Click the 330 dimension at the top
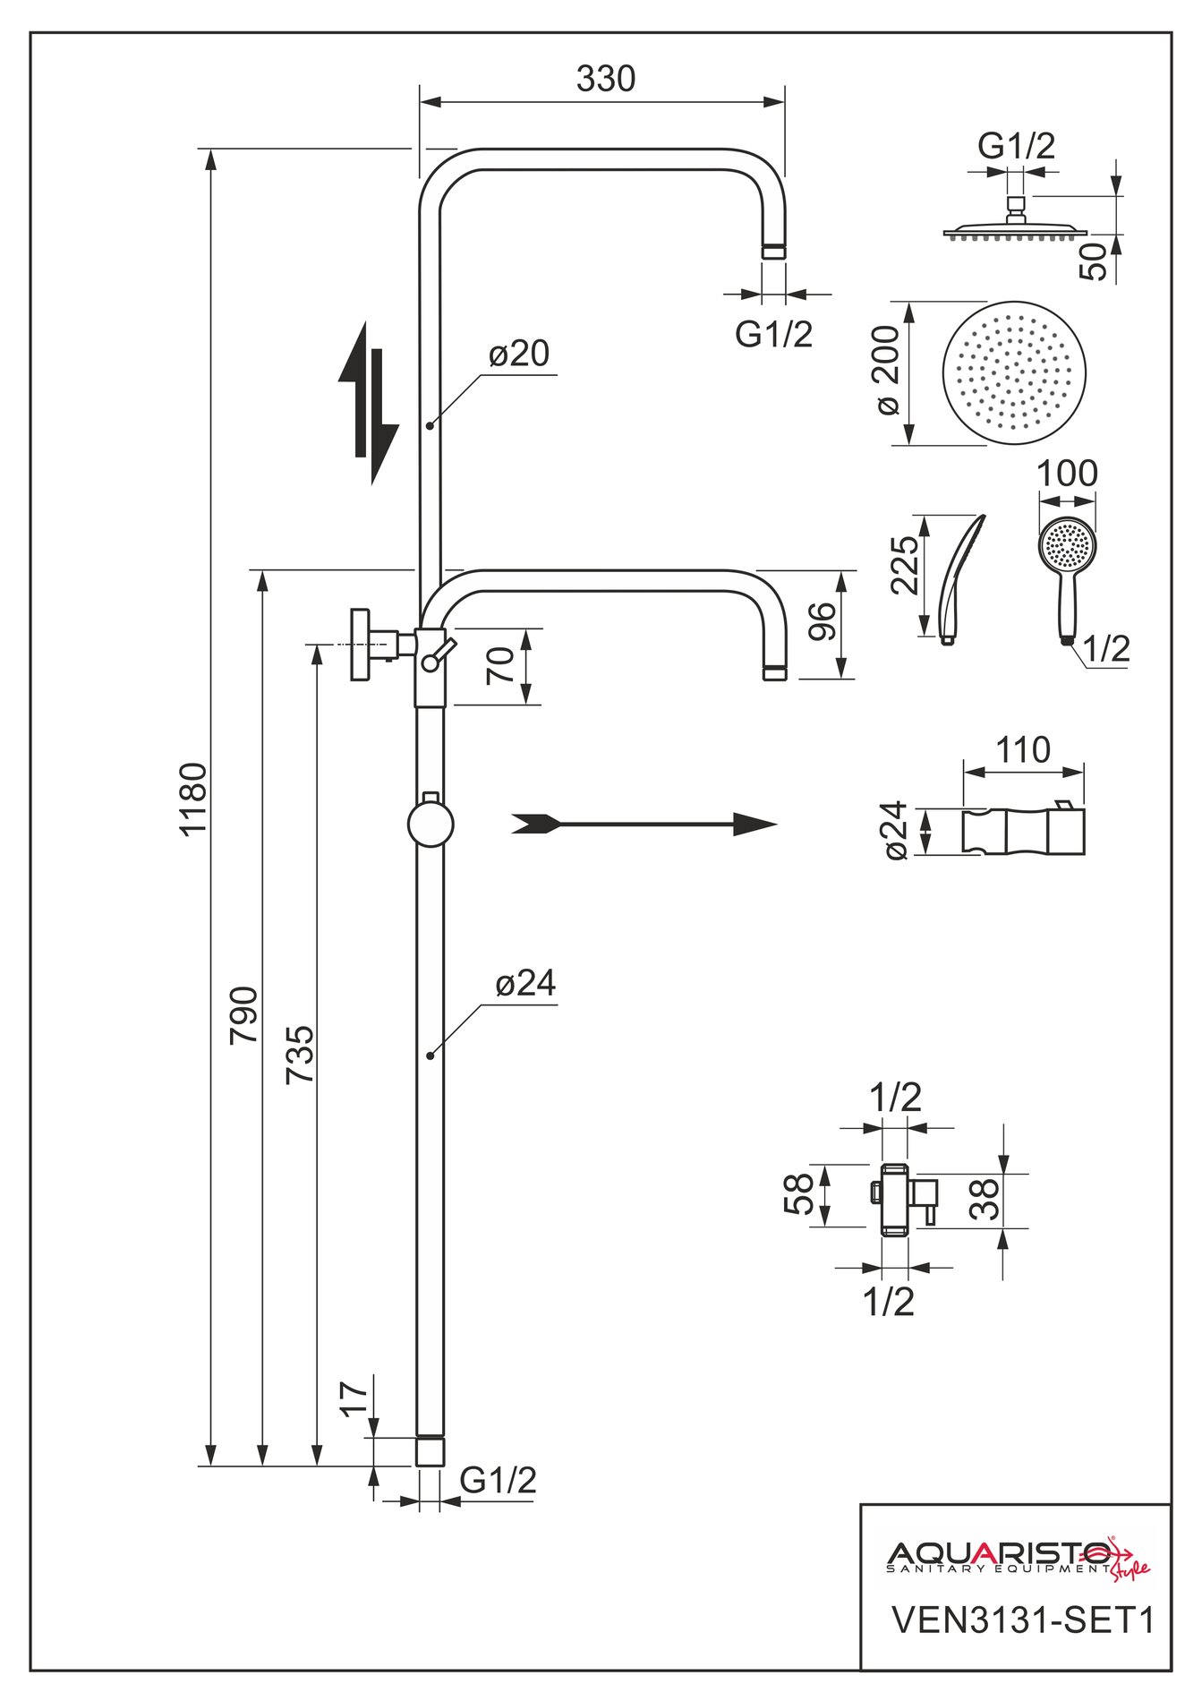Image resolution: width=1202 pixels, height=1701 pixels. coord(606,79)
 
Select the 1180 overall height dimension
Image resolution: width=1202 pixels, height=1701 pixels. coord(193,798)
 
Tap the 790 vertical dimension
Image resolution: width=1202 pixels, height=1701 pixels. coord(244,1014)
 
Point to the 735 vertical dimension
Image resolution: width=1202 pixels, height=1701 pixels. coord(301,1055)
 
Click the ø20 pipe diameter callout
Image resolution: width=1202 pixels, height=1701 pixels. coord(519,354)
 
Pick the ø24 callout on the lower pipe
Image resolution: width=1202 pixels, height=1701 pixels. coord(525,984)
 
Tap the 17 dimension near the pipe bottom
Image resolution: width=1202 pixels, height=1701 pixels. coord(354,1398)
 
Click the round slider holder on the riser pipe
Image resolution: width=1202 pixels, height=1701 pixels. coord(431,824)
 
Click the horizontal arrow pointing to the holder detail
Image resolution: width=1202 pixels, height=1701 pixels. coord(644,825)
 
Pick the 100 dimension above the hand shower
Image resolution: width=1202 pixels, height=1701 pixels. coord(1067,474)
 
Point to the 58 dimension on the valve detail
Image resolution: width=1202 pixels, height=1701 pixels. coord(799,1193)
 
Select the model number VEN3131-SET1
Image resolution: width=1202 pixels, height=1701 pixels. coord(1024,1620)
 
